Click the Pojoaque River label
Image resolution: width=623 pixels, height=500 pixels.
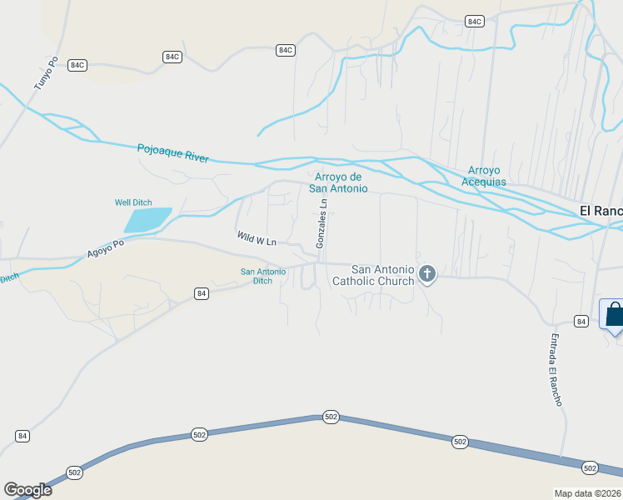pyautogui.click(x=172, y=153)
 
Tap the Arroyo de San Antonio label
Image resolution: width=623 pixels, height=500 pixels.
pyautogui.click(x=338, y=182)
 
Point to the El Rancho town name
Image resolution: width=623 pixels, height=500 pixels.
pyautogui.click(x=601, y=211)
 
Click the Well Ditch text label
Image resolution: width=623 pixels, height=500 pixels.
pyautogui.click(x=133, y=202)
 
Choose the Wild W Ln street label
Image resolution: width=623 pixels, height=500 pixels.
pyautogui.click(x=256, y=239)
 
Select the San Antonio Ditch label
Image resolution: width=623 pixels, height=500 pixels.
pyautogui.click(x=262, y=276)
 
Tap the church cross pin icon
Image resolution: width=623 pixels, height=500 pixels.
pyautogui.click(x=427, y=273)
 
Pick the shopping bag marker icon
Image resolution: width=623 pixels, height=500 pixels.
pyautogui.click(x=614, y=315)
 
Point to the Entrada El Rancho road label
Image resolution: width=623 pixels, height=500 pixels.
pyautogui.click(x=556, y=370)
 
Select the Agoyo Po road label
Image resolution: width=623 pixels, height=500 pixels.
pyautogui.click(x=106, y=249)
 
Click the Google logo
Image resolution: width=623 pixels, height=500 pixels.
pyautogui.click(x=27, y=490)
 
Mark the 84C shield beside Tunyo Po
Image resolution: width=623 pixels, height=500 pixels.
pyautogui.click(x=77, y=65)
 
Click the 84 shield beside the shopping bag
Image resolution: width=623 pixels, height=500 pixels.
pyautogui.click(x=581, y=321)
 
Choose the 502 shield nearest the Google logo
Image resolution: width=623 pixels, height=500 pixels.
pyautogui.click(x=74, y=472)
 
